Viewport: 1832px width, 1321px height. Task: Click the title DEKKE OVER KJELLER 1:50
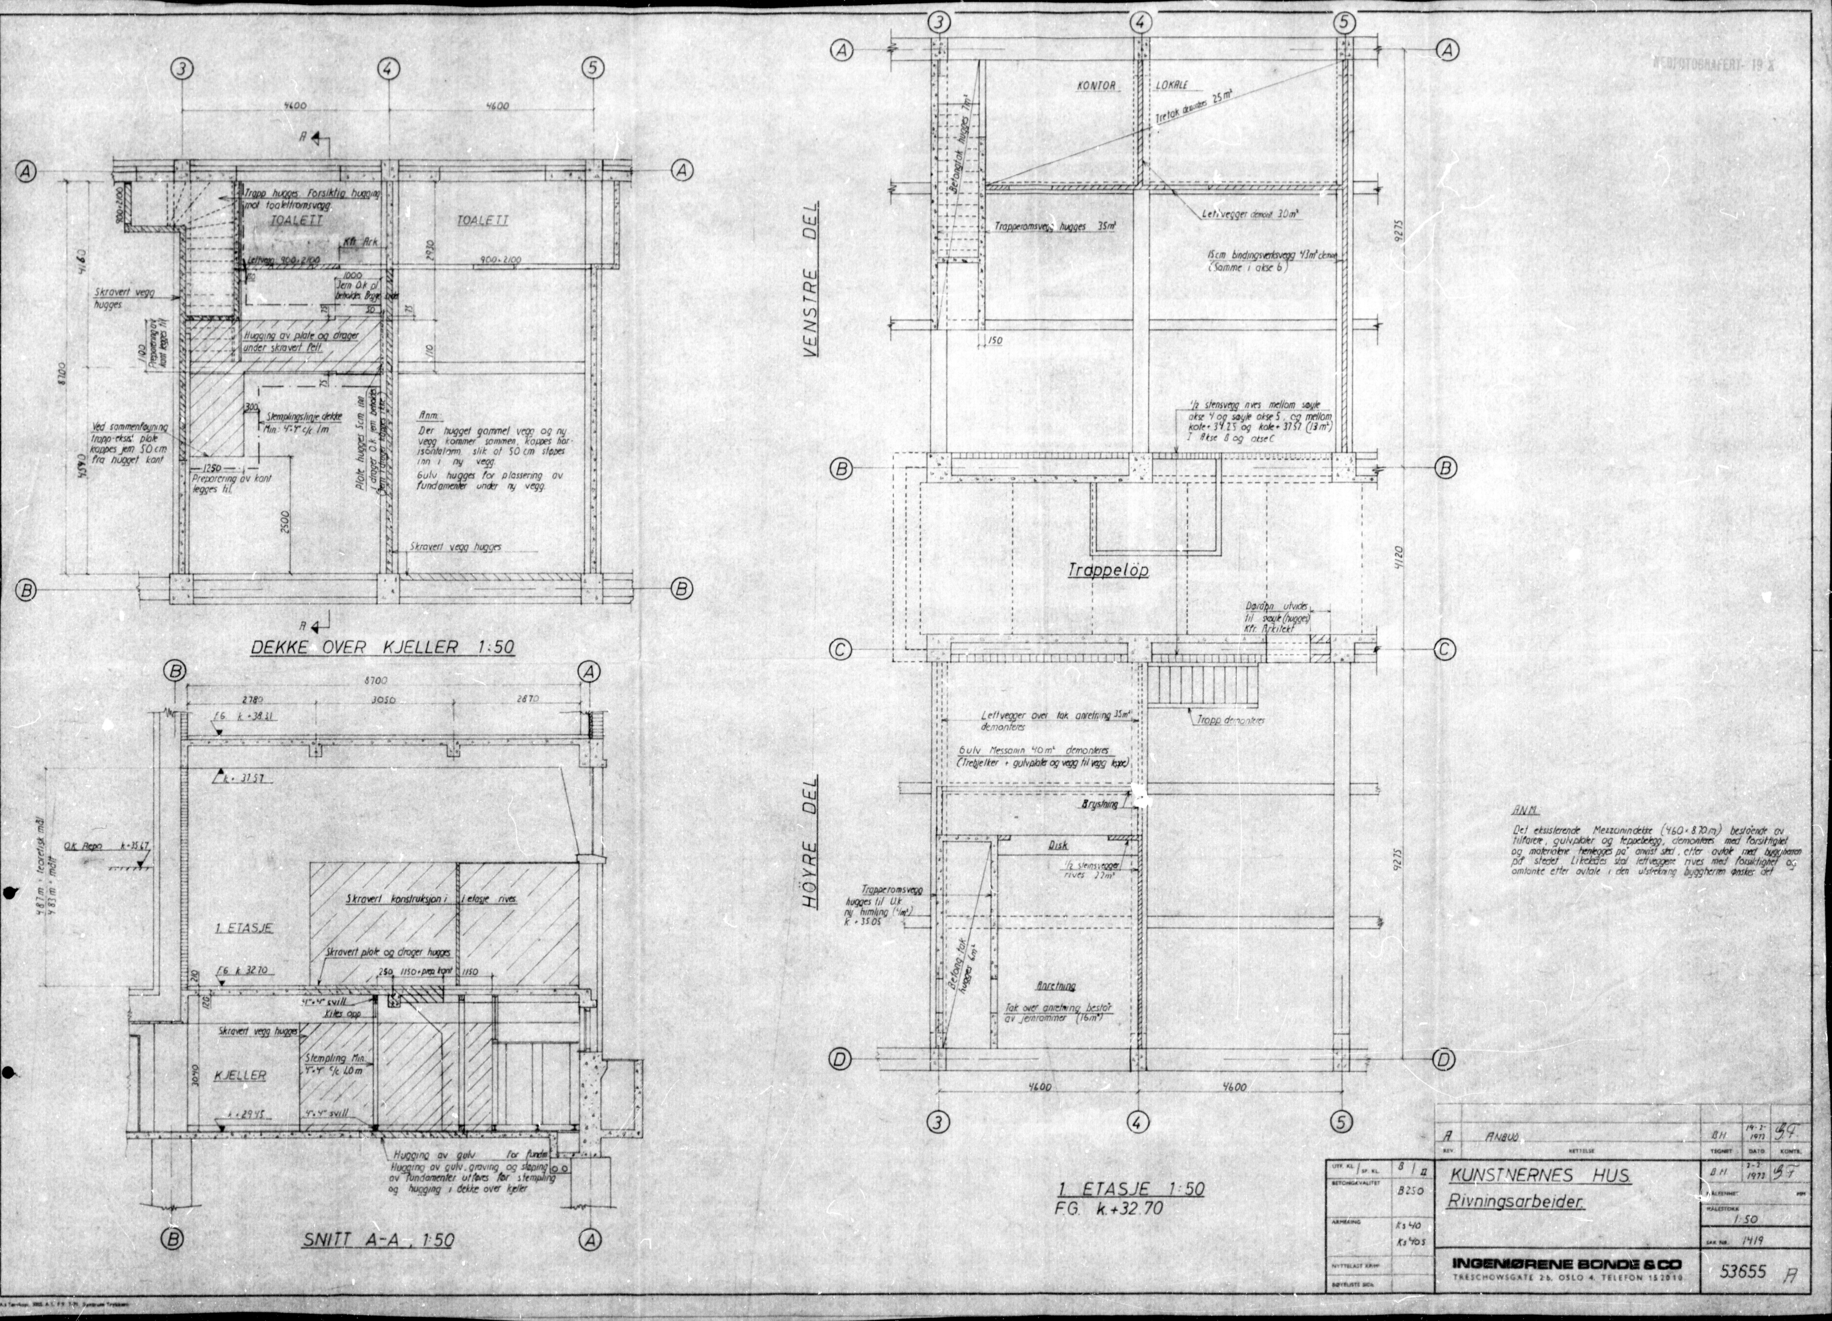pos(382,647)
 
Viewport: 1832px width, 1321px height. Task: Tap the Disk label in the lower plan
pos(1058,845)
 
